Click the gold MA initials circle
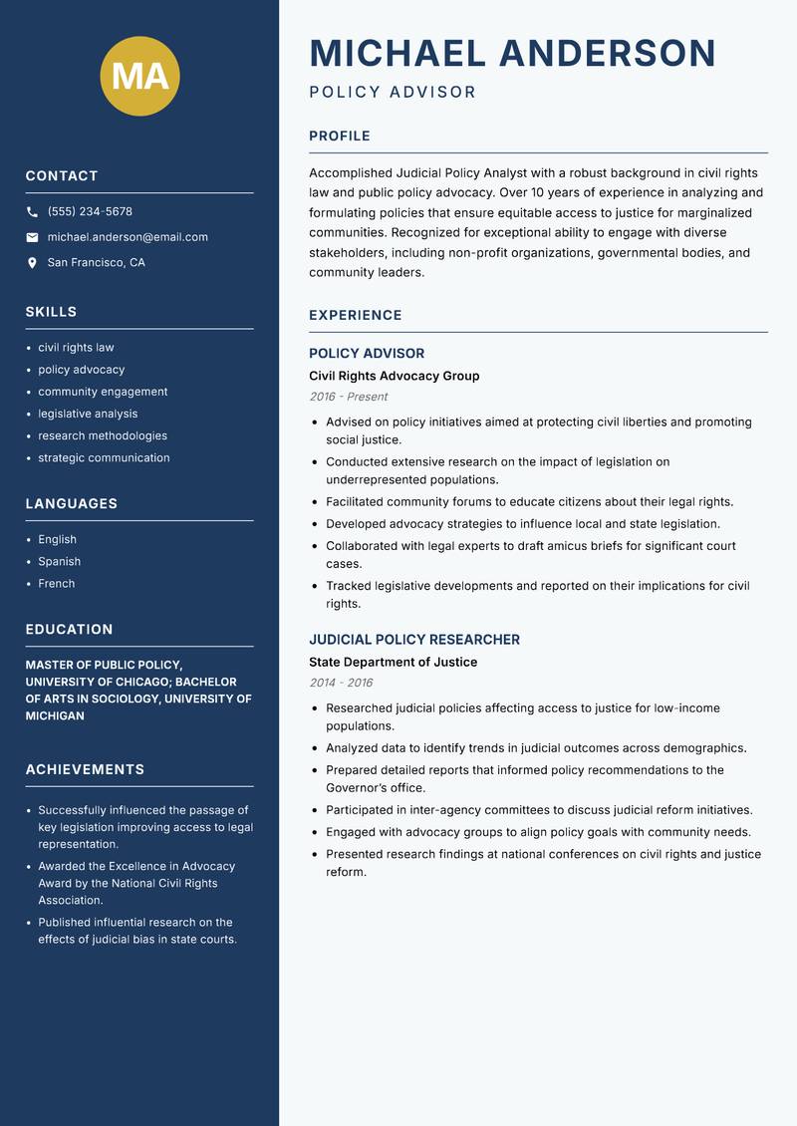point(140,77)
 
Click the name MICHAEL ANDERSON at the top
point(512,53)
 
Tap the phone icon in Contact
point(32,212)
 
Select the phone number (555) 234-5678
point(90,212)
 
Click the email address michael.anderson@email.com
point(128,237)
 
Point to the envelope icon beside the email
point(32,237)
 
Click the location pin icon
point(32,263)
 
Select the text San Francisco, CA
point(96,263)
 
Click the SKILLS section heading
point(51,312)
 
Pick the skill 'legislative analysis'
point(88,414)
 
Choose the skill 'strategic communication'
point(104,458)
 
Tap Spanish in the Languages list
point(59,562)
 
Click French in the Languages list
point(56,584)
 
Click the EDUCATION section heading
point(69,630)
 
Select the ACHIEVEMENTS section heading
point(85,769)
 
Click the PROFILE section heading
point(339,137)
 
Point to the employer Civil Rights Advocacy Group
point(394,376)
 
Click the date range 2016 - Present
point(348,397)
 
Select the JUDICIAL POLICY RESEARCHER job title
point(413,640)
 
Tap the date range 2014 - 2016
point(341,683)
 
